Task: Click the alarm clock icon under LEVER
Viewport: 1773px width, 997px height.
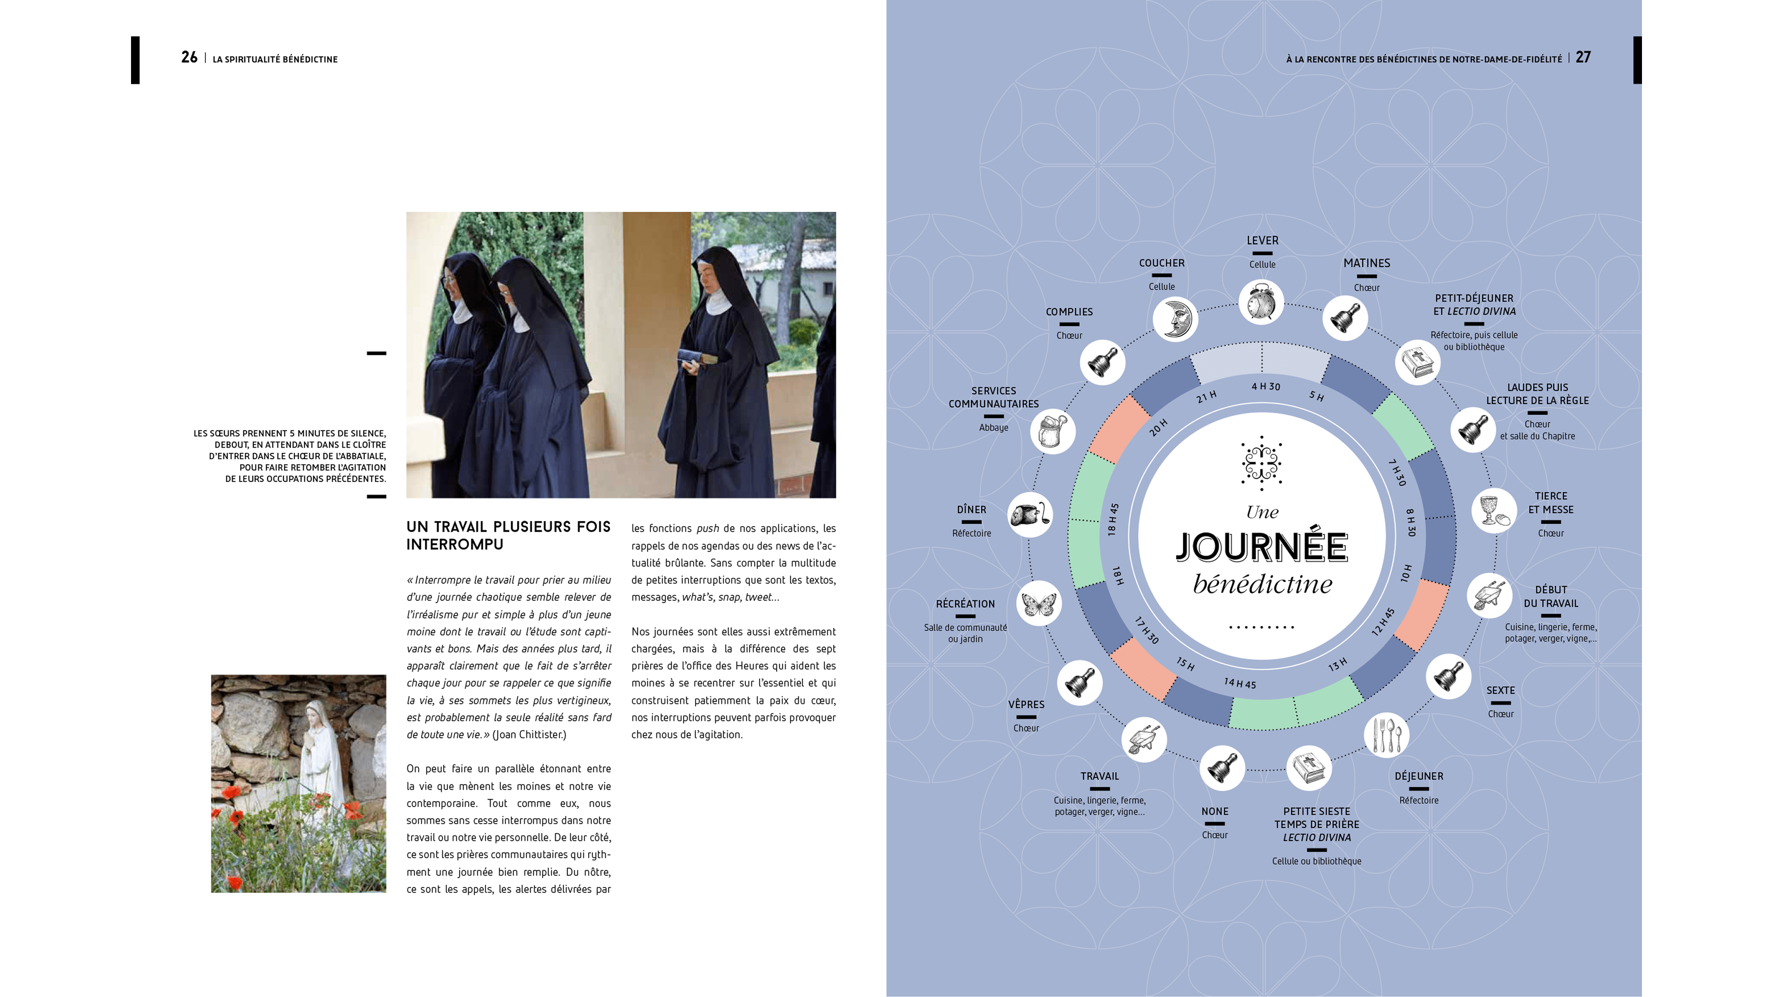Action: pyautogui.click(x=1261, y=301)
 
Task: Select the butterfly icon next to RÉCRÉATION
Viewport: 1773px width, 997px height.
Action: pyautogui.click(x=1038, y=603)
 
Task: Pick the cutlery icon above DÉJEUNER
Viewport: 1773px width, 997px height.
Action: pyautogui.click(x=1386, y=735)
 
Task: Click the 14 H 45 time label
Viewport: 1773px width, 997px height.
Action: pyautogui.click(x=1240, y=683)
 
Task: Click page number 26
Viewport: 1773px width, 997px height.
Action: pyautogui.click(x=189, y=58)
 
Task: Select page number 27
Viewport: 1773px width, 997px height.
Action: pyautogui.click(x=1583, y=58)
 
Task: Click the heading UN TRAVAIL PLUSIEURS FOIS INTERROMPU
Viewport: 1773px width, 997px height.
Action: pyautogui.click(x=508, y=535)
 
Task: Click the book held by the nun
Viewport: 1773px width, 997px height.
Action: pyautogui.click(x=696, y=358)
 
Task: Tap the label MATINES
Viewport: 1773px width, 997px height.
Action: pyautogui.click(x=1366, y=263)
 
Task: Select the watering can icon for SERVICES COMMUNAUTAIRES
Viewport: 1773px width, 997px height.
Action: pyautogui.click(x=1053, y=431)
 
